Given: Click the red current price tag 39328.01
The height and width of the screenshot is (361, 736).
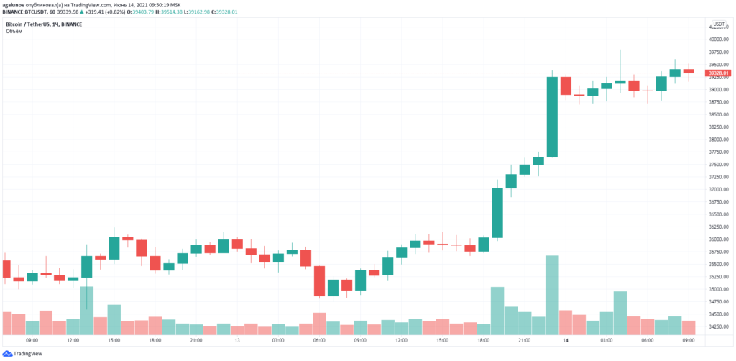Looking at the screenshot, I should pos(718,73).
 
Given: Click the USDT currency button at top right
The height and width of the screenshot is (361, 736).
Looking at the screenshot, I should pos(717,24).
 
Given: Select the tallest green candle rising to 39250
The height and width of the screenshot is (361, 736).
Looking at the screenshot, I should pos(552,116).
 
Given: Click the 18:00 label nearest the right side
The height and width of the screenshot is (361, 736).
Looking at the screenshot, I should pos(484,341).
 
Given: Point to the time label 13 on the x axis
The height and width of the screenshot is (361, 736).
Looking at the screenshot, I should pos(237,341).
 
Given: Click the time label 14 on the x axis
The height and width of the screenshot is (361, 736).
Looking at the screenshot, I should pos(566,341).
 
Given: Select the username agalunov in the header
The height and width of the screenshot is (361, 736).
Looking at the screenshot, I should pos(16,5).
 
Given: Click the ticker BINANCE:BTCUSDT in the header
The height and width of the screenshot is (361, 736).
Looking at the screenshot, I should pos(27,12).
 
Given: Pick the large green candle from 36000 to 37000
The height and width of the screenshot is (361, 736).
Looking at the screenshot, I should pos(497,212).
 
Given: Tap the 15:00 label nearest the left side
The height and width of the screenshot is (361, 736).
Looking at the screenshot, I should pos(114,341).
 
